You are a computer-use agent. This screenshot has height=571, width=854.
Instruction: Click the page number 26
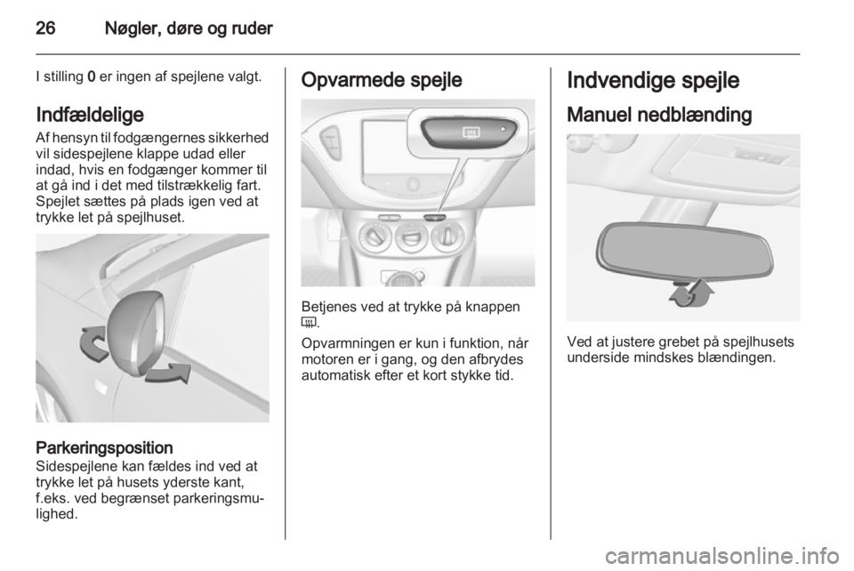(x=45, y=28)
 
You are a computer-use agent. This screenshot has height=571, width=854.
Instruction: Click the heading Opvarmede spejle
(x=382, y=80)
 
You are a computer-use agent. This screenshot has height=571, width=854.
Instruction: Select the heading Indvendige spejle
(x=653, y=81)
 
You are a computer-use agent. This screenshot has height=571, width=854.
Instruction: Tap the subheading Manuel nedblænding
(x=659, y=115)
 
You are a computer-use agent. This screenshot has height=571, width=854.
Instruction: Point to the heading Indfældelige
(x=90, y=115)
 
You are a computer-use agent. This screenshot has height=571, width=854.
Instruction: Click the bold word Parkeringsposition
(x=104, y=448)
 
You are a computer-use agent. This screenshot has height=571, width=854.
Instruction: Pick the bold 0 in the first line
(x=91, y=76)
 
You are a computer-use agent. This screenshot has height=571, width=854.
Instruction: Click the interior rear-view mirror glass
(x=684, y=251)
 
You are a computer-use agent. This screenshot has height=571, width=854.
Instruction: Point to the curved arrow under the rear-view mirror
(x=690, y=294)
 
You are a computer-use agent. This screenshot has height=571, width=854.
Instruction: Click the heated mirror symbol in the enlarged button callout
(x=469, y=132)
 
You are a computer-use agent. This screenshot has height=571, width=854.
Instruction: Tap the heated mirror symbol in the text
(x=309, y=324)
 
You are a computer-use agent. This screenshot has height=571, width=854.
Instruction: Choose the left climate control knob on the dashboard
(x=375, y=237)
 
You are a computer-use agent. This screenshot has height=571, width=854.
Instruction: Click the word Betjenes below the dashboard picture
(x=326, y=307)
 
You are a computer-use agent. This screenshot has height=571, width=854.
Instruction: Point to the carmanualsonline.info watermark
(x=727, y=556)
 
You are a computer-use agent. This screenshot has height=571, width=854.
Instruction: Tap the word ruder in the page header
(x=253, y=28)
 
